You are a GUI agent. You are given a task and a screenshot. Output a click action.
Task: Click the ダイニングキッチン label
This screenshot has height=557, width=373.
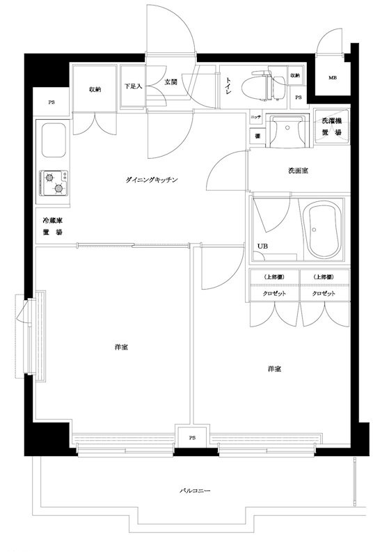point(152,180)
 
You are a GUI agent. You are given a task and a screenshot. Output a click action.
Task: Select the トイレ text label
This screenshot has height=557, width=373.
point(228,86)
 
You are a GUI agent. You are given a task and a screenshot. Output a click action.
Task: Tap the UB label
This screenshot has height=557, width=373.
point(263,246)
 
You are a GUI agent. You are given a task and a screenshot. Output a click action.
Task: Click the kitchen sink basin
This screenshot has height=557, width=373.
point(53,141)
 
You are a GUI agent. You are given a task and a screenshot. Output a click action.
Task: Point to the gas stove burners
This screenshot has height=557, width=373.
point(54,184)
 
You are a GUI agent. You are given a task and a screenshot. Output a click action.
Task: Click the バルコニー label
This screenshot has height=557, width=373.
point(195,491)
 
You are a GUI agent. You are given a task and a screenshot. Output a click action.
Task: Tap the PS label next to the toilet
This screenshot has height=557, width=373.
point(298,97)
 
